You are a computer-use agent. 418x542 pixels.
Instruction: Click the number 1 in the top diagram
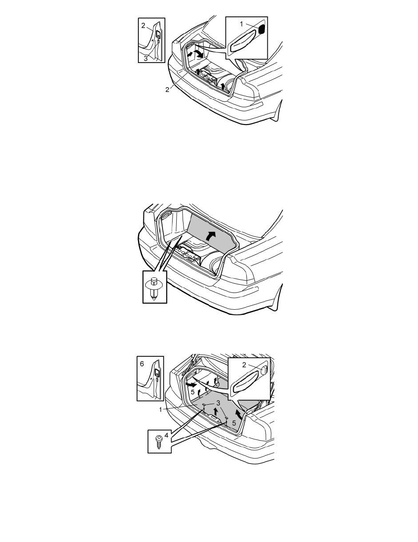click(241, 24)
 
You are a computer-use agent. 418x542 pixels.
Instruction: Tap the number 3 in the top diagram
click(146, 58)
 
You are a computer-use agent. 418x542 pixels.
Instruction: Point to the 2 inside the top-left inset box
click(143, 25)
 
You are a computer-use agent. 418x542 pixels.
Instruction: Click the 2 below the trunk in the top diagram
click(167, 89)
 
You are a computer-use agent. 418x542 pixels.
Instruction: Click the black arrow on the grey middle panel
click(210, 236)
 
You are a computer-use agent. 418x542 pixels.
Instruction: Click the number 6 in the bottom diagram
click(142, 364)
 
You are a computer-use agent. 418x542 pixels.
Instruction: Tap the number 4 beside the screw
click(166, 436)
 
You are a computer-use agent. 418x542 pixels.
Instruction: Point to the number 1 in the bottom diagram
click(160, 410)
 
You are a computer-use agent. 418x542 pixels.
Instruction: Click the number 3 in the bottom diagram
click(218, 403)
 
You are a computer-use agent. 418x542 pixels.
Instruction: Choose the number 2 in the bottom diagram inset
click(244, 365)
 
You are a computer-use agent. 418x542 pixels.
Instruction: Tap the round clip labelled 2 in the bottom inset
click(265, 370)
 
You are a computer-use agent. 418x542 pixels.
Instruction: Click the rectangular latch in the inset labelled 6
click(157, 372)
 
